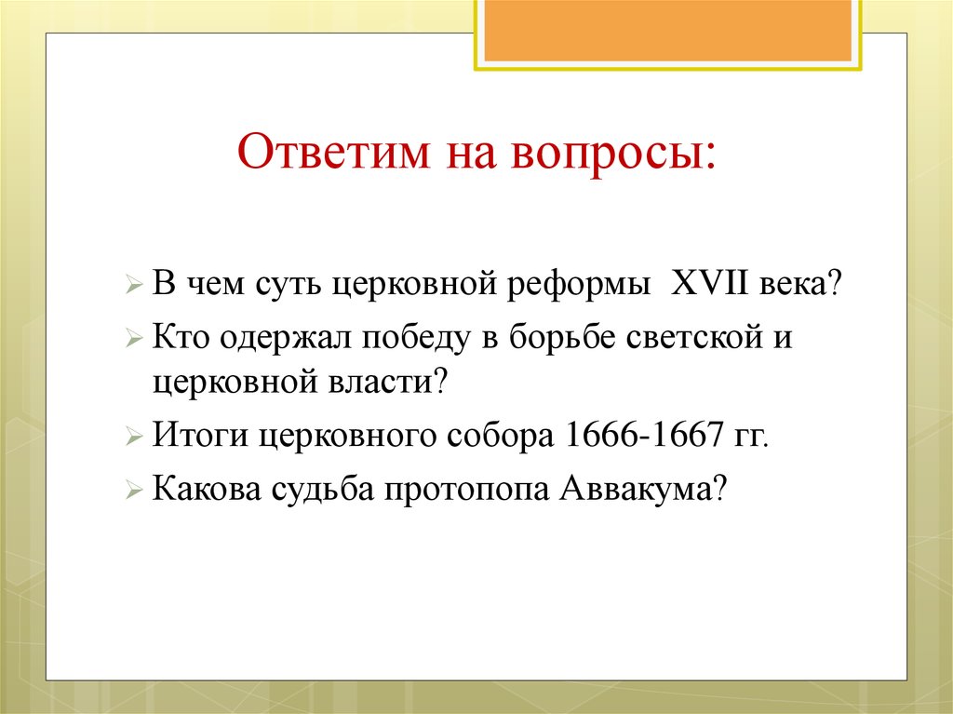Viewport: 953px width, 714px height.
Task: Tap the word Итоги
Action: tap(200, 435)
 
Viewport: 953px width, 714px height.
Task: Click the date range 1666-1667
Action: tap(633, 435)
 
